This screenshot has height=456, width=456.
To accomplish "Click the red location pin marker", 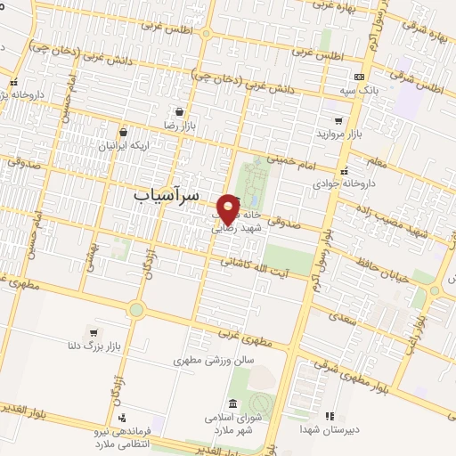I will [x=229, y=208].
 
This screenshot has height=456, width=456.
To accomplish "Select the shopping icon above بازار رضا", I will [x=181, y=113].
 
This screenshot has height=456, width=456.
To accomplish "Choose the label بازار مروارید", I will [x=337, y=134].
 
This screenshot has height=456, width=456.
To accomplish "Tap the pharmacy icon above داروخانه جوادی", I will [x=344, y=168].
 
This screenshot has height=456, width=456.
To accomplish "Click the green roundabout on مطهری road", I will [x=135, y=309].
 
